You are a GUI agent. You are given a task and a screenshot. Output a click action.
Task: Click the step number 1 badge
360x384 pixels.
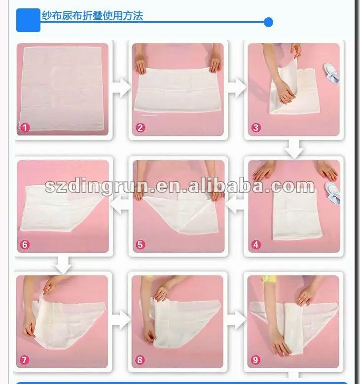(x=25, y=128)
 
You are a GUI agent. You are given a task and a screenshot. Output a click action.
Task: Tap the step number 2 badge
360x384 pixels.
(x=141, y=128)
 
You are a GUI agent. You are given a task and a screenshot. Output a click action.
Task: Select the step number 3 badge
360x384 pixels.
(x=256, y=128)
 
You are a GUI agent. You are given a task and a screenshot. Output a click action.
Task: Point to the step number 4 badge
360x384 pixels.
(x=256, y=244)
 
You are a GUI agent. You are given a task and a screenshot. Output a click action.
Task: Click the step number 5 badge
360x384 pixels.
(x=141, y=244)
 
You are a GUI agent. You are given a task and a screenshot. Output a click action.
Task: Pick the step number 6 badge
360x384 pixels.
(x=25, y=244)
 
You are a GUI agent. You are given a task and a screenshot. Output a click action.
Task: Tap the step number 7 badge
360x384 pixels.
(x=25, y=360)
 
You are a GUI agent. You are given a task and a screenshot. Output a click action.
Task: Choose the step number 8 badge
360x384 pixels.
(x=141, y=360)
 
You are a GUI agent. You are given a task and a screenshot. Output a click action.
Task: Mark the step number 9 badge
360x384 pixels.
(x=256, y=360)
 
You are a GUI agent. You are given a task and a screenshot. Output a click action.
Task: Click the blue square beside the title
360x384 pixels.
(x=28, y=20)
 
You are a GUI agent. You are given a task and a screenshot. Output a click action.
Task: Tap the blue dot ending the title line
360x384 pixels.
(x=268, y=22)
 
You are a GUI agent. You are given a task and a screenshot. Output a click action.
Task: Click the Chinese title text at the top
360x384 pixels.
(x=92, y=15)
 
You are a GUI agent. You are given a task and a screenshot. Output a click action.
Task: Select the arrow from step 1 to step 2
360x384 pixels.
(x=120, y=89)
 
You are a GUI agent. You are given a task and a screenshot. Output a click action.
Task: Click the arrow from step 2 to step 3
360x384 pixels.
(x=236, y=89)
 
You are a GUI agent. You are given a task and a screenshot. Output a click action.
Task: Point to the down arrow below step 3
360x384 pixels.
(x=294, y=148)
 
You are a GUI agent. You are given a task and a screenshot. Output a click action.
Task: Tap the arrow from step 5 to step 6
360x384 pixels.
(x=120, y=205)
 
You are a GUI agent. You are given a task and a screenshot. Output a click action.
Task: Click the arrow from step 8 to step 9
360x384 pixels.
(x=236, y=321)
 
